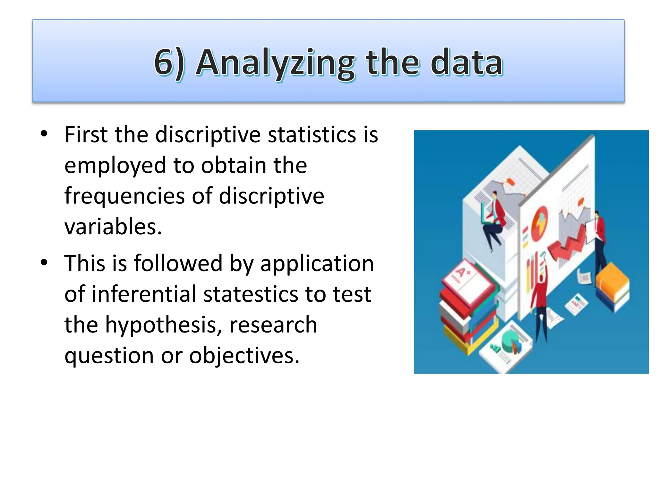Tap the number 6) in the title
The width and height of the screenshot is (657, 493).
click(169, 63)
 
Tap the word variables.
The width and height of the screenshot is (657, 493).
click(113, 227)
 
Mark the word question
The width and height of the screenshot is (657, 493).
click(109, 356)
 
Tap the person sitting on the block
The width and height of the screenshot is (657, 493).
click(494, 218)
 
